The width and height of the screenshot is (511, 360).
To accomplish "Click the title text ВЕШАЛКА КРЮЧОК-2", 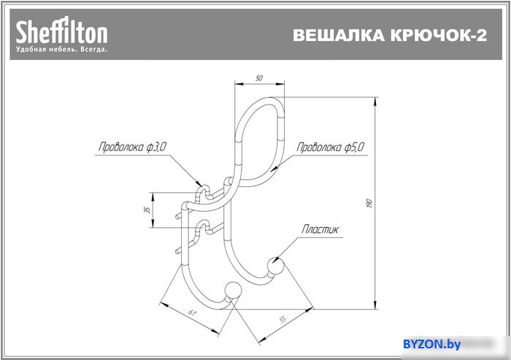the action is click(390, 35).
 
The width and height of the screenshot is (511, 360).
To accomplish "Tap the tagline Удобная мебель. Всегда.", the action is click(61, 50).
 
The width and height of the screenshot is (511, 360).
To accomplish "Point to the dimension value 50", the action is click(259, 78).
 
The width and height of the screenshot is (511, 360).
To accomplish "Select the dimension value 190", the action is click(369, 203).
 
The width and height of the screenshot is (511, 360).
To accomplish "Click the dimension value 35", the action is click(147, 210).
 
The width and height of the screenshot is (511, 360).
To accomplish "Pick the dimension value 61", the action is click(193, 313).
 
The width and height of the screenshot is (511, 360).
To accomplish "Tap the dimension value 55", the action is click(283, 319).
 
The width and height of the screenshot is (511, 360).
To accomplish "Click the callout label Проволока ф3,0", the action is click(132, 147).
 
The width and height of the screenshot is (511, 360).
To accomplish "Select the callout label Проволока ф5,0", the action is click(330, 147).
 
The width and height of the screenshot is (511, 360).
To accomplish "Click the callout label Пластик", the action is click(320, 229).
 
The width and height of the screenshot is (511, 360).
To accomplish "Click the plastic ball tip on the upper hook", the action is click(275, 266).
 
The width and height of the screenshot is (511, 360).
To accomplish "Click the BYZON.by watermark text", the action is click(432, 344).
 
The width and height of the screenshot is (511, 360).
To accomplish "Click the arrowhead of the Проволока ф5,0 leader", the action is click(274, 168).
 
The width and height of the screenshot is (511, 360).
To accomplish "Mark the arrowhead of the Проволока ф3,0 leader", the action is click(199, 183).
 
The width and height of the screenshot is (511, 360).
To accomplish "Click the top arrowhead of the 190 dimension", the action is click(375, 102).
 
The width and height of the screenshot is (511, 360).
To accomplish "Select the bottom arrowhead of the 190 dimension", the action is click(375, 305).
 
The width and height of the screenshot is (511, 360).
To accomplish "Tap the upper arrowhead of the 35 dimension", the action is click(152, 196).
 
